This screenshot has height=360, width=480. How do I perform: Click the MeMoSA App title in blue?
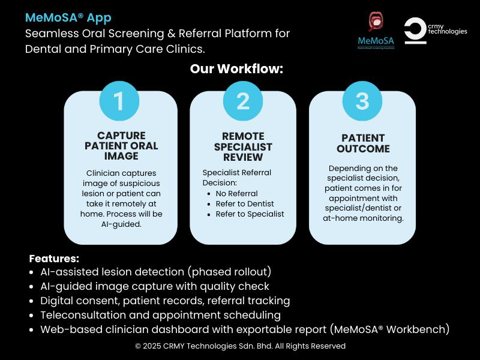click(68, 17)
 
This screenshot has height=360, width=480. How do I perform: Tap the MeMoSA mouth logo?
click(376, 25)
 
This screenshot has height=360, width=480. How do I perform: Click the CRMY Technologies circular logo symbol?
click(415, 31)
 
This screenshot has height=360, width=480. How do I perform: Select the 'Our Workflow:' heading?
click(236, 68)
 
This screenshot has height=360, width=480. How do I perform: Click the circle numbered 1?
click(119, 101)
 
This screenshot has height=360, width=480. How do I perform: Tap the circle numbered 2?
click(243, 101)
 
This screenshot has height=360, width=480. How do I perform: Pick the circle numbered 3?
click(362, 101)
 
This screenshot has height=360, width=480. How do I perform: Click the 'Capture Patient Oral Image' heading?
click(121, 146)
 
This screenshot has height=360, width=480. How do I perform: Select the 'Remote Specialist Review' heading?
click(243, 146)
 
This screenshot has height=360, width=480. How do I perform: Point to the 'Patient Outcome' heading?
click(362, 143)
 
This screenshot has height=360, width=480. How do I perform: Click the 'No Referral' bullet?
click(237, 193)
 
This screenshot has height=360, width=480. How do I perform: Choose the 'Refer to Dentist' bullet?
click(245, 203)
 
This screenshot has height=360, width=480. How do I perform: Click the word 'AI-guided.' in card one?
click(121, 224)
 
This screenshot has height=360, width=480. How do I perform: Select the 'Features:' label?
click(54, 259)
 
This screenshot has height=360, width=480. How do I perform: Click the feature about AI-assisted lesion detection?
click(155, 271)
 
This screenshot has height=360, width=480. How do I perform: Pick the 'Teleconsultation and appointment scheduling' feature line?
click(160, 314)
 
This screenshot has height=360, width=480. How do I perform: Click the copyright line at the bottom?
click(240, 346)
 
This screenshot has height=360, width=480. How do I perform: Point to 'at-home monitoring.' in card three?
click(362, 218)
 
